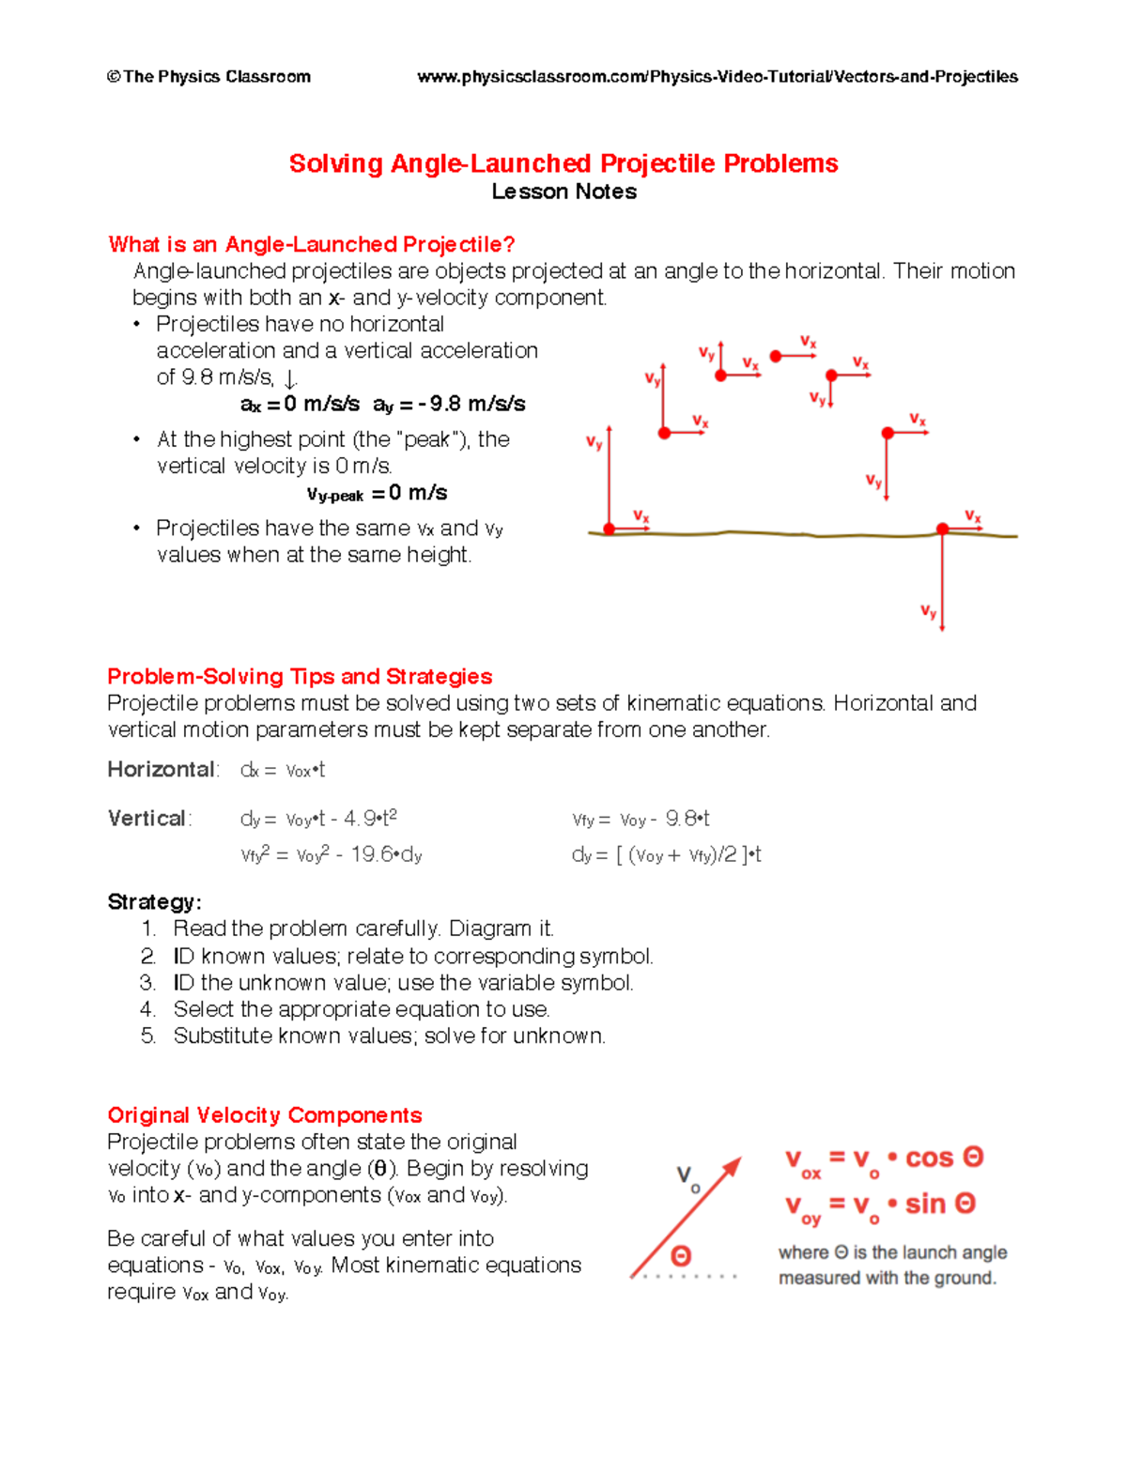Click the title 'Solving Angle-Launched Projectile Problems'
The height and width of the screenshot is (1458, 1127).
(x=563, y=163)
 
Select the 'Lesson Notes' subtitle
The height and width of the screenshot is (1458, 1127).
(x=563, y=192)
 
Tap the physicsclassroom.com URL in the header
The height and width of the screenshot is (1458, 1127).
(x=717, y=77)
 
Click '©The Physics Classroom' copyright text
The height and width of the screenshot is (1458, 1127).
(x=208, y=77)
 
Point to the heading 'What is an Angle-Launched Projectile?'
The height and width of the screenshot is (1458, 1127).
(x=311, y=245)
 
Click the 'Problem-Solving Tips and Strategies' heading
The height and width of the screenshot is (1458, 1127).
(x=300, y=677)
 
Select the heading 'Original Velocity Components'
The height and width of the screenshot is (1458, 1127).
(x=264, y=1115)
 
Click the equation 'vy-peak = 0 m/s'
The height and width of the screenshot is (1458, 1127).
(x=377, y=494)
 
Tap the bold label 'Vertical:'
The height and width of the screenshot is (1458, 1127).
(x=149, y=819)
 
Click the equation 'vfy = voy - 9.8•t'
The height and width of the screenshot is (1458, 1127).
(x=641, y=820)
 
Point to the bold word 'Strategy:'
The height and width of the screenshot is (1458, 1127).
(x=154, y=902)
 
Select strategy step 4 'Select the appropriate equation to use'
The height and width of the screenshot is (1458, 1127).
(x=361, y=1009)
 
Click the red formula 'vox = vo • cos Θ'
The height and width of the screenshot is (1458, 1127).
(x=884, y=1160)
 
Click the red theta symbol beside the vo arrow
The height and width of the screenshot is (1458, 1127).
(x=681, y=1256)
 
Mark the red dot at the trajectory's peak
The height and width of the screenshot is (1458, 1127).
(x=776, y=356)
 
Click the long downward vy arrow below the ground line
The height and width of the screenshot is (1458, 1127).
(x=942, y=582)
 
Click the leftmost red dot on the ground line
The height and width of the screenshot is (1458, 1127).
(x=610, y=529)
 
